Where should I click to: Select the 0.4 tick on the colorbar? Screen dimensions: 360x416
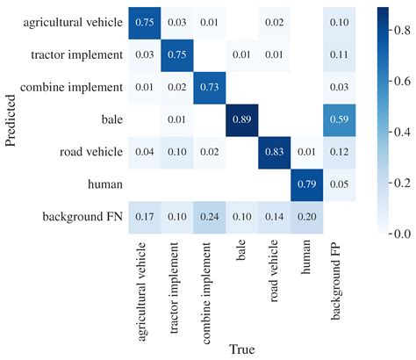(x=398, y=133)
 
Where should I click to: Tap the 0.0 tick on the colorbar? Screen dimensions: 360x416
(x=398, y=234)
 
